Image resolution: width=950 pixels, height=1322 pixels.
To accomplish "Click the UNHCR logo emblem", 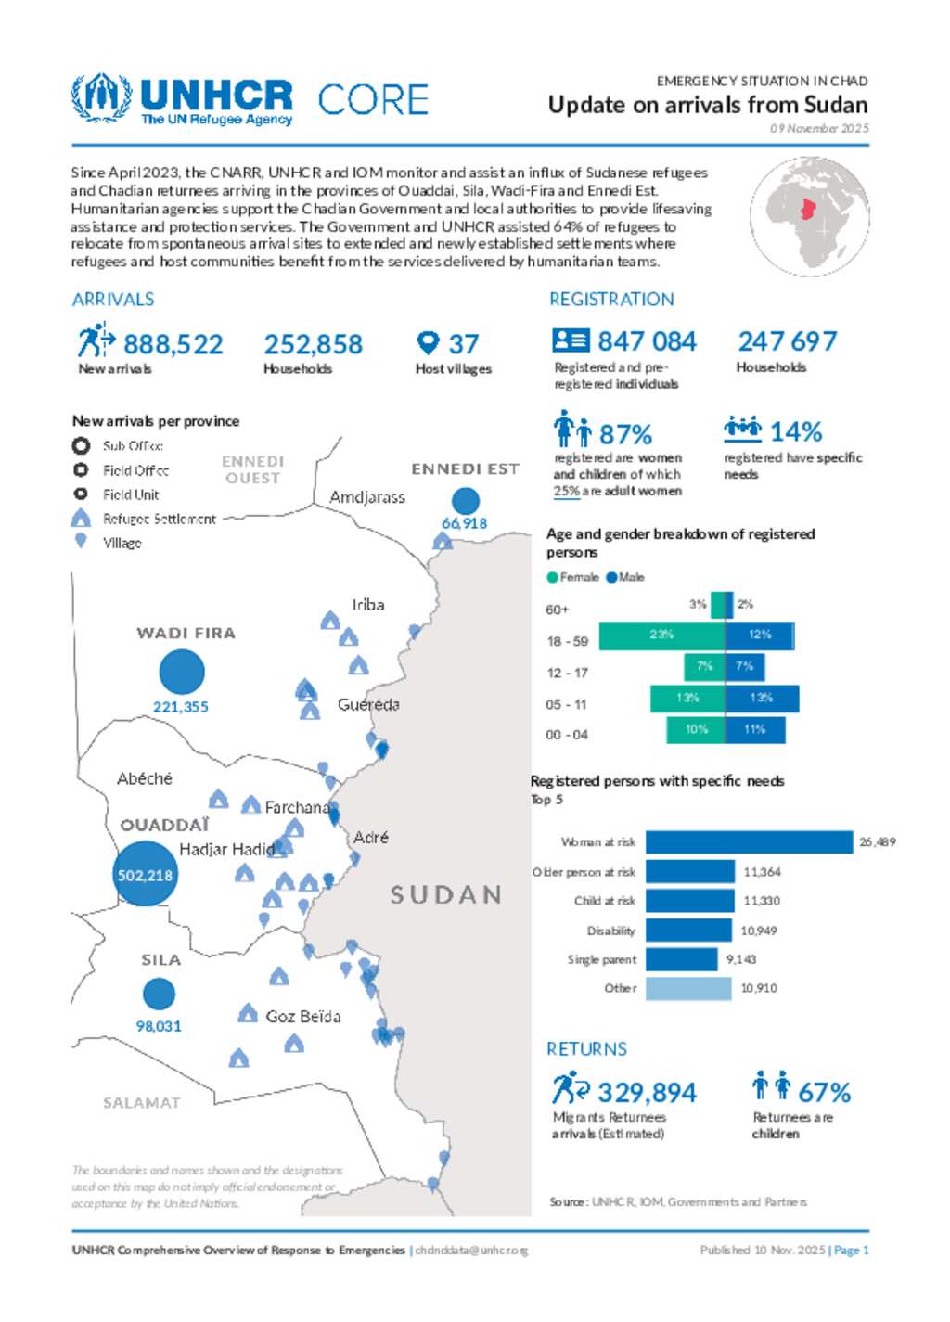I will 100,98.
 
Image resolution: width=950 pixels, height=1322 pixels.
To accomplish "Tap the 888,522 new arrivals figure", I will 173,345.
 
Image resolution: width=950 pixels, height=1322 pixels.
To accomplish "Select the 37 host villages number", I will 463,344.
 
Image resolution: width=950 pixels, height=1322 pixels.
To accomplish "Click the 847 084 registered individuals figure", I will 646,341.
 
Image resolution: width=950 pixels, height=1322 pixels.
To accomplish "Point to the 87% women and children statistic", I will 625,434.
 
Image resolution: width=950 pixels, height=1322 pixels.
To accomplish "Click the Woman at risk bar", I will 749,842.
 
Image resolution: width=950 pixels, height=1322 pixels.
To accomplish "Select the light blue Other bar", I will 687,989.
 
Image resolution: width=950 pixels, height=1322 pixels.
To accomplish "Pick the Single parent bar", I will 681,959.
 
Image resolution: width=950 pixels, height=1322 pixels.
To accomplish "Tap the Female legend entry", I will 573,577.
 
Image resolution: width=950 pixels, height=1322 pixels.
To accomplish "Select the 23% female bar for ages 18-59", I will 661,635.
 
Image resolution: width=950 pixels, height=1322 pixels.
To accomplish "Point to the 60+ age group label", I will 557,610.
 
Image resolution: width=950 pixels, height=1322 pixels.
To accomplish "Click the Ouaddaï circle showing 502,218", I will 145,874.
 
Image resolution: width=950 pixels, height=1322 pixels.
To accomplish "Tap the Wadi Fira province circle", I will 182,672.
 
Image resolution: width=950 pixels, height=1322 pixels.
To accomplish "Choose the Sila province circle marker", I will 160,994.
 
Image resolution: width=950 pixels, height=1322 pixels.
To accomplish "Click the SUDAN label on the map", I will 445,894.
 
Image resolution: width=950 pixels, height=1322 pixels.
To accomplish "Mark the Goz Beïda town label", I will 302,1017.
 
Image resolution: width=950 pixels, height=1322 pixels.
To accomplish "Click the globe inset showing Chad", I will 809,216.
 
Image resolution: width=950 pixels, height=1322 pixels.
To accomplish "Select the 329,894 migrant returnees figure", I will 646,1093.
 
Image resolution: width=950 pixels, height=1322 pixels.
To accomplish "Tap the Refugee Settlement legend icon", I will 81,519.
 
